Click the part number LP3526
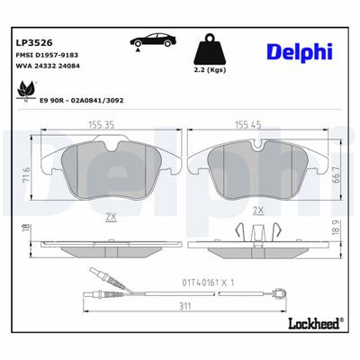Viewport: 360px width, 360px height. point(33,40)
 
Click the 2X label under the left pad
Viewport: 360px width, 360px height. point(112,217)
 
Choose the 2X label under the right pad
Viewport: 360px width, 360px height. point(259,210)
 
